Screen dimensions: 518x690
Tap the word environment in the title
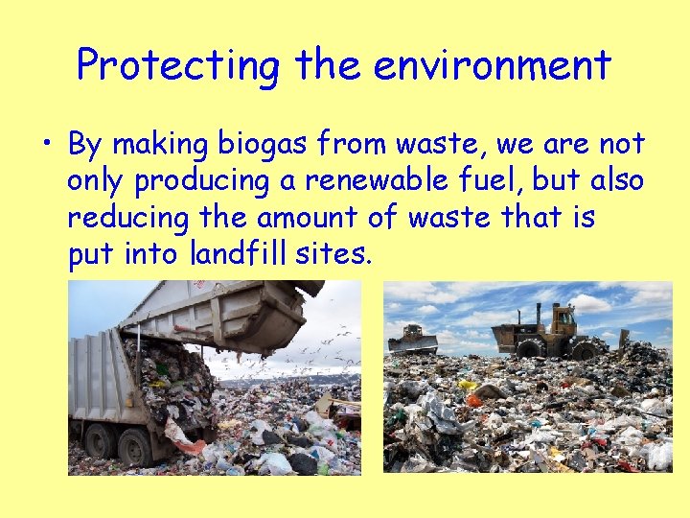493,65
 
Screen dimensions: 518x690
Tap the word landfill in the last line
239,254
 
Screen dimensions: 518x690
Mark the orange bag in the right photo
473,400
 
